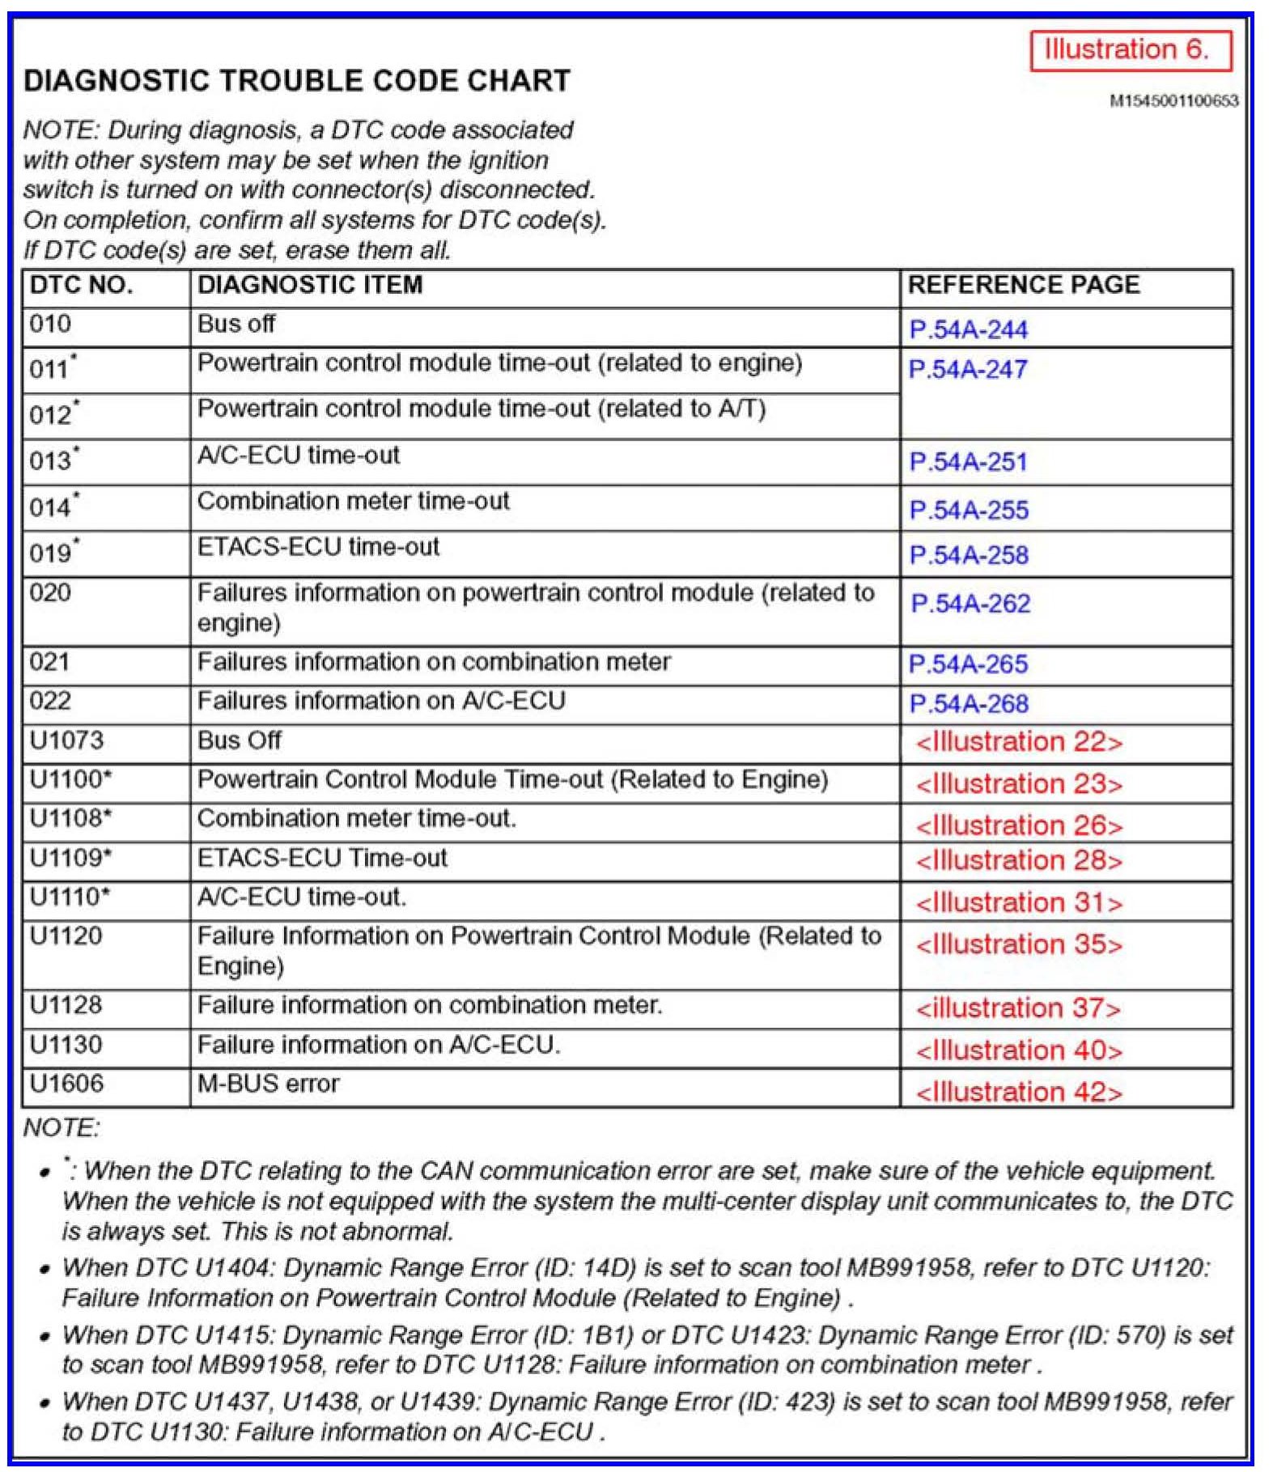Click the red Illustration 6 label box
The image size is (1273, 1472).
click(1130, 50)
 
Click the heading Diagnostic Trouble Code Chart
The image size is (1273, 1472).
click(297, 81)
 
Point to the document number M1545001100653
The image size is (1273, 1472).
click(1173, 101)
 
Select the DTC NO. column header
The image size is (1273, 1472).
click(81, 285)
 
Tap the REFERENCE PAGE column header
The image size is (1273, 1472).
click(1023, 285)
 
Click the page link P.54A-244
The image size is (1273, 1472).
click(968, 330)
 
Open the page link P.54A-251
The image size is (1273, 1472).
click(968, 462)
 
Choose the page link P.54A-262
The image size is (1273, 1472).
click(970, 604)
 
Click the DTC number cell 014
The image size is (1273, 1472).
click(53, 507)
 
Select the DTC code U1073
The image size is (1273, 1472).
click(66, 740)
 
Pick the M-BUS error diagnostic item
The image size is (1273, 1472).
click(268, 1084)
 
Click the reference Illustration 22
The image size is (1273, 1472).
click(1018, 742)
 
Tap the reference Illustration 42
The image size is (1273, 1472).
click(1018, 1092)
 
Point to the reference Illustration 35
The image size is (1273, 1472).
click(1018, 944)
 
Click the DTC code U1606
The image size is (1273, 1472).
click(66, 1084)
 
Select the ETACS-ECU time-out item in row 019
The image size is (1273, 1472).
click(318, 547)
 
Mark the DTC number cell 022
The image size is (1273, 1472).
click(50, 701)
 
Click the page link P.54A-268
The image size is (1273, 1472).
click(968, 704)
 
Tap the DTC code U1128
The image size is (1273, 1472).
click(66, 1005)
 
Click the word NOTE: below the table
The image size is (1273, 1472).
click(62, 1127)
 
